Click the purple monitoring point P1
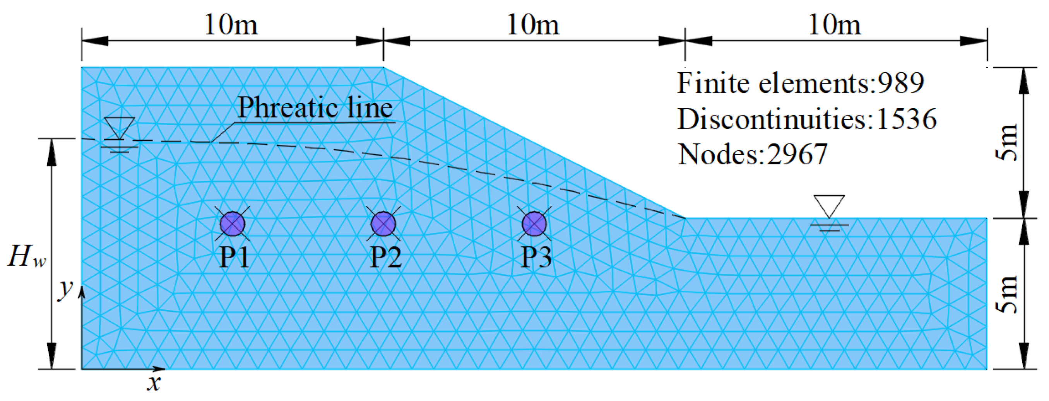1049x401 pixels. pyautogui.click(x=233, y=224)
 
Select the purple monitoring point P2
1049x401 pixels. pyautogui.click(x=383, y=224)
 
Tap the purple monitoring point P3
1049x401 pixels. pyautogui.click(x=534, y=224)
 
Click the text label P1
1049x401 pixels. pyautogui.click(x=234, y=257)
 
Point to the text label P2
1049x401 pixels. pyautogui.click(x=385, y=257)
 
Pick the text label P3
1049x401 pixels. pyautogui.click(x=536, y=257)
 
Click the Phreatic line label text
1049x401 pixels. pyautogui.click(x=315, y=108)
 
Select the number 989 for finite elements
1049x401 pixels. pyautogui.click(x=900, y=83)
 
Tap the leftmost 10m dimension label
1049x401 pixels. pyautogui.click(x=231, y=25)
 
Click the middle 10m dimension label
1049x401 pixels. pyautogui.click(x=533, y=25)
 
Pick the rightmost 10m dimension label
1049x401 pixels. pyautogui.click(x=834, y=25)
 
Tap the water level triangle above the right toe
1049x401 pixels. pyautogui.click(x=829, y=206)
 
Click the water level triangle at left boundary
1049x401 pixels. pyautogui.click(x=119, y=128)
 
